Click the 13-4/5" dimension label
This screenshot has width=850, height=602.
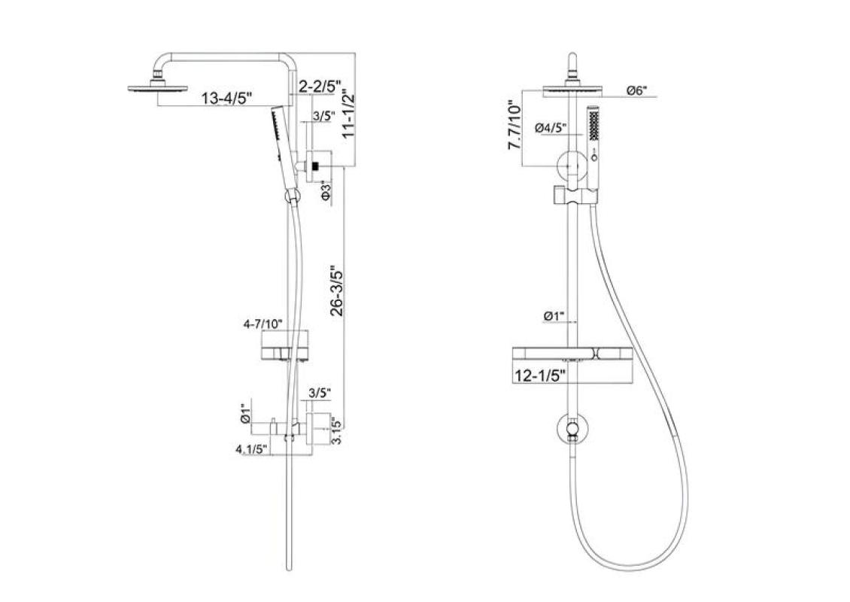coord(227,99)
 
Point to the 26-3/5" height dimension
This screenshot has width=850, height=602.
coord(337,290)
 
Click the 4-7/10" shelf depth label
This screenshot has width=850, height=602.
coord(263,324)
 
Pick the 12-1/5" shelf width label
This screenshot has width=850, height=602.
coord(540,375)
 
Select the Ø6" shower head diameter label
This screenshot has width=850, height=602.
coord(637,90)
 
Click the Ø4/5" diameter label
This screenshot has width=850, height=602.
coord(550,129)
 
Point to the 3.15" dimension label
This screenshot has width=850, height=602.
coord(336,432)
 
